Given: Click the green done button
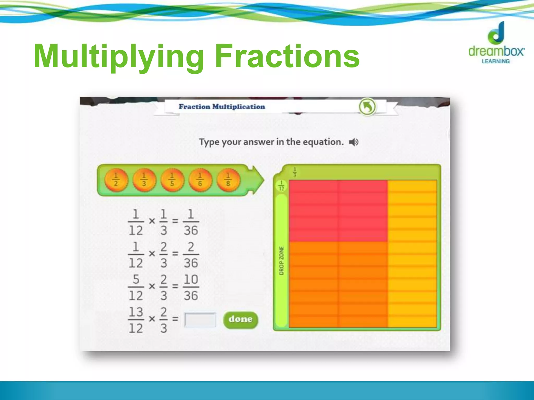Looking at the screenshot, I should tap(240, 320).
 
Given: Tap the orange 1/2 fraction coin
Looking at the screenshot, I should tap(116, 180).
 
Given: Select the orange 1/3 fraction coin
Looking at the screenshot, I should tap(144, 180).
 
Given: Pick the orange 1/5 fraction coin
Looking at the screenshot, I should tap(172, 180).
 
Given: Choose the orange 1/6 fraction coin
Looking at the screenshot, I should tap(200, 180).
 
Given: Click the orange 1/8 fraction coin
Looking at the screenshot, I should tap(228, 180).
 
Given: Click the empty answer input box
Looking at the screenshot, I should tap(200, 320).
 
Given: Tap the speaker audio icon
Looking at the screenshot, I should tap(354, 142).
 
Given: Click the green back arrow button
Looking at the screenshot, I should tap(367, 107).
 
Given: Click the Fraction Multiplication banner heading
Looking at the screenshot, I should tap(222, 107).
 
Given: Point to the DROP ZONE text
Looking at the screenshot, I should tap(281, 261).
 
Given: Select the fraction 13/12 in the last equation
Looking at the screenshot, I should tap(136, 320).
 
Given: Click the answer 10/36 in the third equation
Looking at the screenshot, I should tap(191, 287).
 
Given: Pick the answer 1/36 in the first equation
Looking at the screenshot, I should tap(191, 222).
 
